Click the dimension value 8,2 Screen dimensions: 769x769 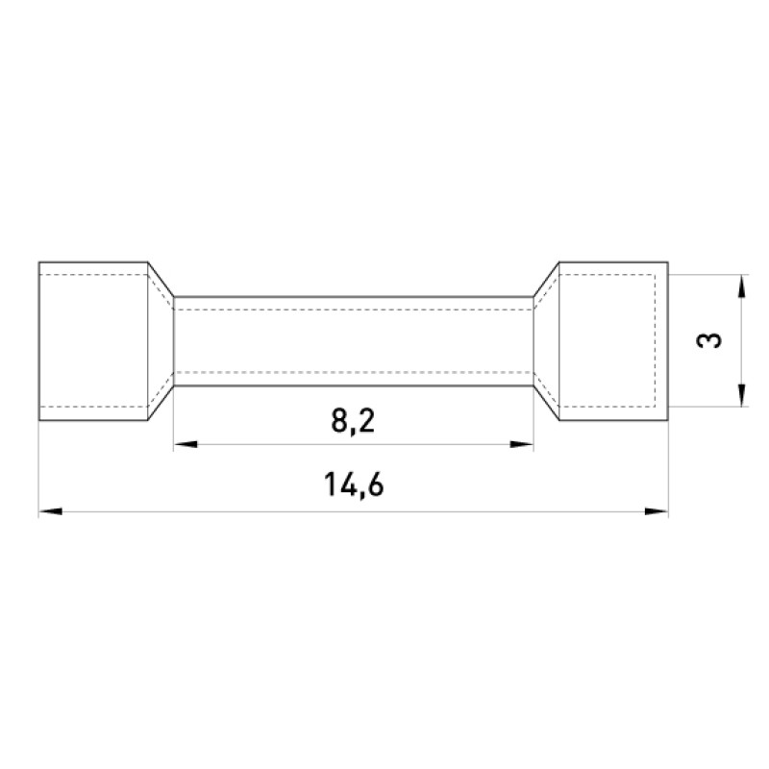coord(353,421)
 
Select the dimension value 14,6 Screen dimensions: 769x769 coord(354,485)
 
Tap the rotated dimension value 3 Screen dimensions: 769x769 coord(709,340)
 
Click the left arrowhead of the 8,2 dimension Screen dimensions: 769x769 coord(186,444)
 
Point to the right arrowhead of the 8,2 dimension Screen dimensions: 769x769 coord(522,444)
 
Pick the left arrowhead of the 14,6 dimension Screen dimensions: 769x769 coord(51,511)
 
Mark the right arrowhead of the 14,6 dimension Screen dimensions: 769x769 coord(657,511)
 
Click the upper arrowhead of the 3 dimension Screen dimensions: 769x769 coord(742,285)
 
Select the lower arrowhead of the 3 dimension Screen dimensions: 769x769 coord(742,395)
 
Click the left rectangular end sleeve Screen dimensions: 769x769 coord(93,341)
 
